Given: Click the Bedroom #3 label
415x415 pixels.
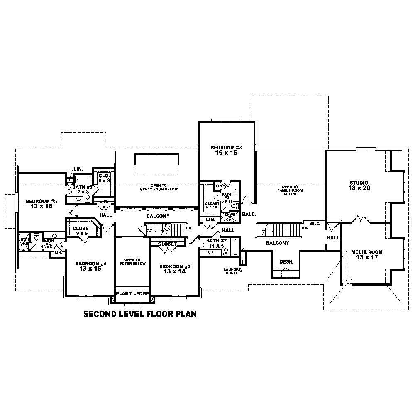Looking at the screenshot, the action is [x=226, y=150].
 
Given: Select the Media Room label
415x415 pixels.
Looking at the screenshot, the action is [x=366, y=255].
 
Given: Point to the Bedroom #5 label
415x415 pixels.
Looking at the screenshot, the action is [x=41, y=203].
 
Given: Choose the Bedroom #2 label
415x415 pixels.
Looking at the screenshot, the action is [x=175, y=269].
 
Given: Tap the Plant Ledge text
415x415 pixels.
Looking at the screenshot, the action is [x=132, y=293].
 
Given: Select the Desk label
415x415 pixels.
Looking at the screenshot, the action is [x=286, y=261].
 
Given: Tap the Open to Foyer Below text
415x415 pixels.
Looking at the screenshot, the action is [x=132, y=262].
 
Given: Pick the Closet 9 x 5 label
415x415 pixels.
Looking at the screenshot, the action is [x=82, y=231].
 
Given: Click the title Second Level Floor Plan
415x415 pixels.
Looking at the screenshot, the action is [x=140, y=314].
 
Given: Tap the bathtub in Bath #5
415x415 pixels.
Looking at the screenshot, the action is [x=83, y=179].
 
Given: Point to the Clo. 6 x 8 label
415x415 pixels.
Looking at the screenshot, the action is [x=104, y=178].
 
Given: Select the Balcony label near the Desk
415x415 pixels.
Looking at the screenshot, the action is [x=277, y=243].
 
